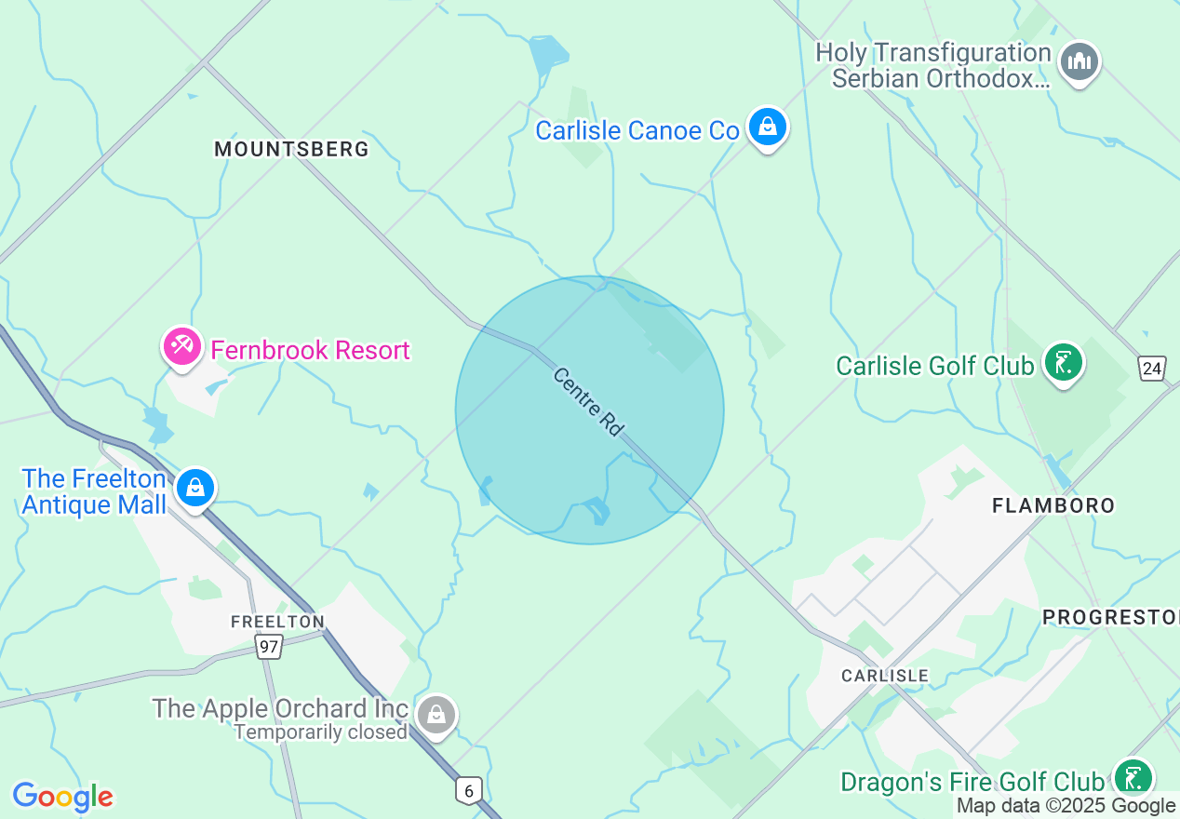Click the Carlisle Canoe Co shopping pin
click(x=767, y=127)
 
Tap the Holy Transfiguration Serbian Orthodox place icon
click(x=1079, y=62)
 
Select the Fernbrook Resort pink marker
click(x=181, y=347)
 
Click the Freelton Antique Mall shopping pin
click(x=195, y=487)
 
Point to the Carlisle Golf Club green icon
click(x=1063, y=363)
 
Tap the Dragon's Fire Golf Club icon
click(x=1133, y=778)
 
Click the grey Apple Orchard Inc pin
click(x=436, y=714)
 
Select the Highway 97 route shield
click(x=269, y=646)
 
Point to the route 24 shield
click(x=1152, y=369)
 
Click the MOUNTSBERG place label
click(x=291, y=149)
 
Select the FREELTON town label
click(x=278, y=621)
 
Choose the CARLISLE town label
click(x=884, y=676)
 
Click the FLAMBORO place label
click(x=1053, y=505)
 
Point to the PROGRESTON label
click(x=1109, y=617)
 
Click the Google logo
click(x=62, y=797)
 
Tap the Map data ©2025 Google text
click(x=1066, y=806)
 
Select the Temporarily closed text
click(x=320, y=732)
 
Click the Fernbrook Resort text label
click(x=310, y=350)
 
